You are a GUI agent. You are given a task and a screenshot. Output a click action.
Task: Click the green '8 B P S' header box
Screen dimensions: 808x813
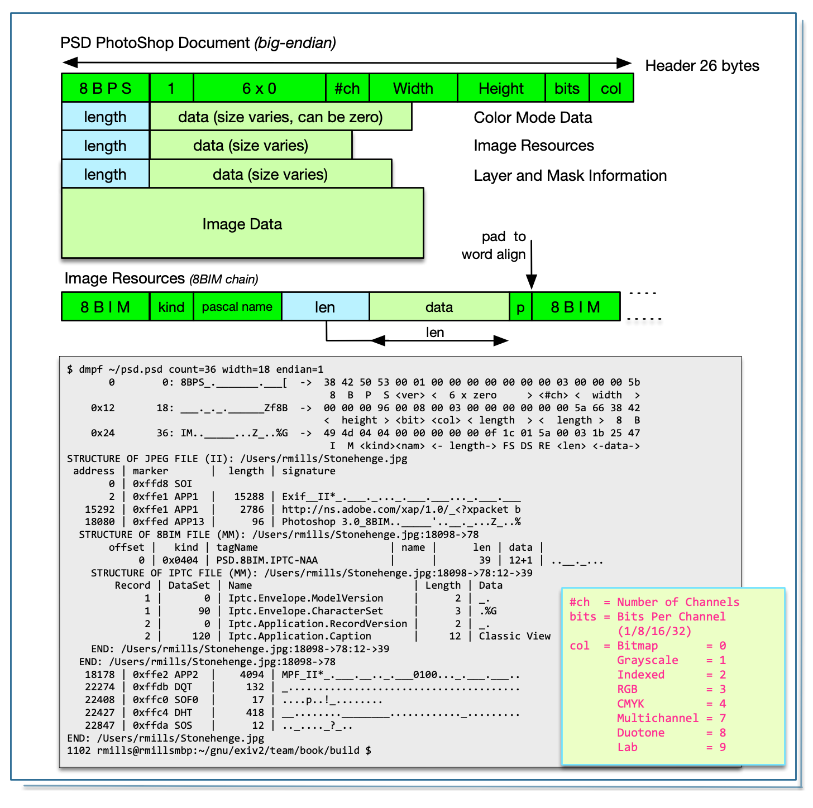(106, 88)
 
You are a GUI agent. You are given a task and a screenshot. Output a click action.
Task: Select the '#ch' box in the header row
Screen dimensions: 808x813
(347, 88)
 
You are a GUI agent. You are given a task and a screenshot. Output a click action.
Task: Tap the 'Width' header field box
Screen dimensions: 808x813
(413, 88)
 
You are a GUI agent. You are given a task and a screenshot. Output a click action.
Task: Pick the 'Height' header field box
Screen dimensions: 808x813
(501, 88)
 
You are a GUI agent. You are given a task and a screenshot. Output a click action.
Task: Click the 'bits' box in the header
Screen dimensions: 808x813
(567, 88)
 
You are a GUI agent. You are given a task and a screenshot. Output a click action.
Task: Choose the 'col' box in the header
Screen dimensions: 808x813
(611, 88)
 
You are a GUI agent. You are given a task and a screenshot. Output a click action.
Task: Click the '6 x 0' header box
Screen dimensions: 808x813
(259, 88)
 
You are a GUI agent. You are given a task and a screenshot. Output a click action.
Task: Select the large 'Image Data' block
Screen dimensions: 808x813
(242, 224)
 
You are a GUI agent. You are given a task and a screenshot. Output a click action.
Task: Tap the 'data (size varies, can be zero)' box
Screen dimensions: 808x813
(280, 117)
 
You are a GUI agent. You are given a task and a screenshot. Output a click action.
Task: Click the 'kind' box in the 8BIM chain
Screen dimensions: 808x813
(171, 307)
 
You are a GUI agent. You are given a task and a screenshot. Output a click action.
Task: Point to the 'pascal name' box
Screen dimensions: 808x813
(237, 307)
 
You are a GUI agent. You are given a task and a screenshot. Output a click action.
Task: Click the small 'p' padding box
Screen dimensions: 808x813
(520, 307)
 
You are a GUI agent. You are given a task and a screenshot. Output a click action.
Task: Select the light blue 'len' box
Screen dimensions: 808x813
(325, 307)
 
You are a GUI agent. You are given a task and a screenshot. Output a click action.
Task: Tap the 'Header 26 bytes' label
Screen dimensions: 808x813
(702, 66)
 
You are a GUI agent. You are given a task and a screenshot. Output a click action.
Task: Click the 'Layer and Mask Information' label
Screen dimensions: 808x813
(570, 176)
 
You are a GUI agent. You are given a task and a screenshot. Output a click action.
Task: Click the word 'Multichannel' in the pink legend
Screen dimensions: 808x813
(657, 718)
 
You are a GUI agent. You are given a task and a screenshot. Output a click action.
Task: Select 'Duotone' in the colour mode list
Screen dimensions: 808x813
(640, 733)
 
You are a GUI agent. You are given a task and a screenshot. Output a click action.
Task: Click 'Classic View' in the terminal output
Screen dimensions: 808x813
(514, 636)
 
